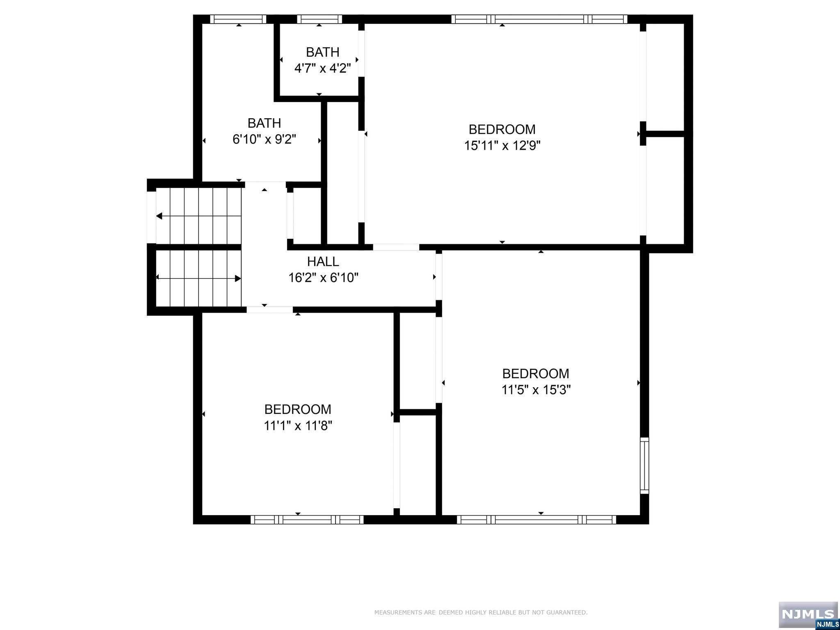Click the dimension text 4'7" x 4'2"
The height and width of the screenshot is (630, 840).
[322, 68]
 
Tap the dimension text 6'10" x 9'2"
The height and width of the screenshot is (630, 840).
[264, 139]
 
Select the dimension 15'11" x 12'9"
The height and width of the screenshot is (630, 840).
[502, 146]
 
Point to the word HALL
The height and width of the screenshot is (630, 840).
[323, 262]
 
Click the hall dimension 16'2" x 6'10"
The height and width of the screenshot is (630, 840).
[323, 278]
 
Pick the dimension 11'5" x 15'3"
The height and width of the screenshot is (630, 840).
[536, 390]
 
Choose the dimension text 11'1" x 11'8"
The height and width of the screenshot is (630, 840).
[298, 426]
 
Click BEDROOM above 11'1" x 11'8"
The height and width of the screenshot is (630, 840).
[298, 409]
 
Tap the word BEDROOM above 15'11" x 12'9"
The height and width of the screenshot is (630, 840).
[502, 130]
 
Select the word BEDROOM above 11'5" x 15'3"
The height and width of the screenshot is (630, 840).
[536, 374]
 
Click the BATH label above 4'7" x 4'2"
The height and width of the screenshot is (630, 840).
[322, 52]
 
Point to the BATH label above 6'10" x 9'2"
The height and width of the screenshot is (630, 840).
[264, 123]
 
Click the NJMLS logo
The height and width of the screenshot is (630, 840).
[808, 615]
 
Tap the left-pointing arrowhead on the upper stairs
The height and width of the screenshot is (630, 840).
[159, 216]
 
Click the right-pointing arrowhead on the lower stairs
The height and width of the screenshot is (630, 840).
[238, 278]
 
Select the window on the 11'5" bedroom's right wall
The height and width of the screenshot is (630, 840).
[644, 465]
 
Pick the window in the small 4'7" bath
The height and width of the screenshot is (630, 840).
[320, 19]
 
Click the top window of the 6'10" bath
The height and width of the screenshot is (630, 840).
[238, 19]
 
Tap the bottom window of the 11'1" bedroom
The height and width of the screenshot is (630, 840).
[307, 520]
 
